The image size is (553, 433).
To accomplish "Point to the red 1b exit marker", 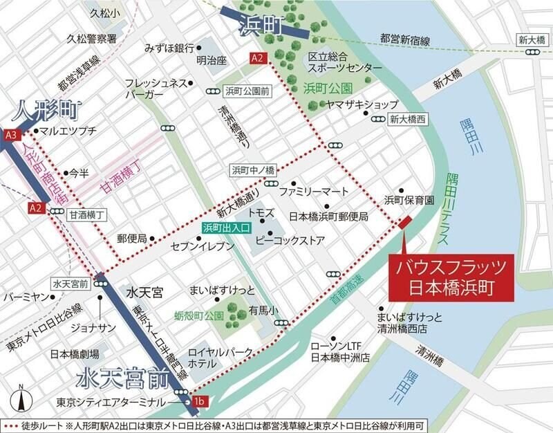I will click(200, 401).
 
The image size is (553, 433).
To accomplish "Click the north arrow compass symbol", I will click(21, 400).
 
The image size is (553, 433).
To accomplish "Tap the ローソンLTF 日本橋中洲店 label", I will click(340, 352).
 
